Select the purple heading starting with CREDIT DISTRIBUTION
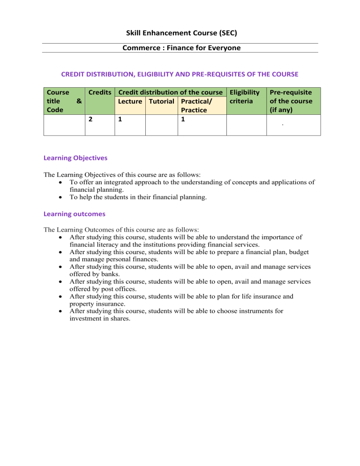pyautogui.click(x=180, y=74)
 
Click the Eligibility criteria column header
pyautogui.click(x=244, y=97)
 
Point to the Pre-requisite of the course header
pyautogui.click(x=293, y=101)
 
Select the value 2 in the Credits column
pyautogui.click(x=90, y=120)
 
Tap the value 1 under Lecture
pyautogui.click(x=120, y=120)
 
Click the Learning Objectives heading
pyautogui.click(x=75, y=158)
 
